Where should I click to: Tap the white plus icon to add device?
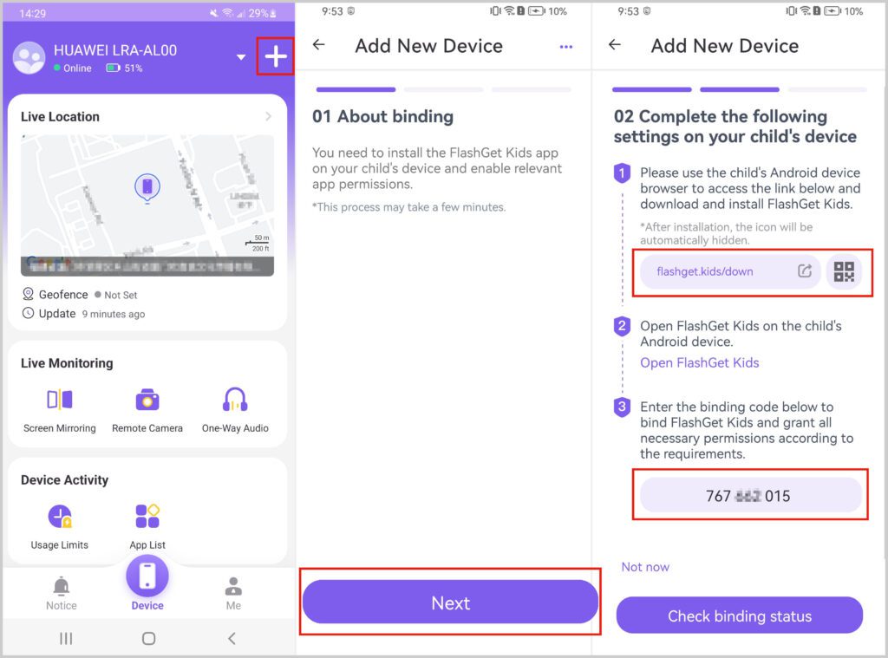275,57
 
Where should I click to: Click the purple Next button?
450,603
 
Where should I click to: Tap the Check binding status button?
739,616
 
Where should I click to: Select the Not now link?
645,567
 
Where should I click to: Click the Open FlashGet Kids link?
699,362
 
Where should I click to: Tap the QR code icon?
843,271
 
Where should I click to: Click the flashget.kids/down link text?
704,271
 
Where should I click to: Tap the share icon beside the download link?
805,271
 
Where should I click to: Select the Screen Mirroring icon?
60,400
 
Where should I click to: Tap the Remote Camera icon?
147,400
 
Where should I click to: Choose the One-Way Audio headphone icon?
235,400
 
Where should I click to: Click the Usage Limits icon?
60,517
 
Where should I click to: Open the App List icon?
147,517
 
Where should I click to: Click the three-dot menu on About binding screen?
566,47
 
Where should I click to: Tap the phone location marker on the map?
147,186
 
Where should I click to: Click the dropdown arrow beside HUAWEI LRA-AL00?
241,58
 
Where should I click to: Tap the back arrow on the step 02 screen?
615,45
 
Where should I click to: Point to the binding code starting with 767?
748,497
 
